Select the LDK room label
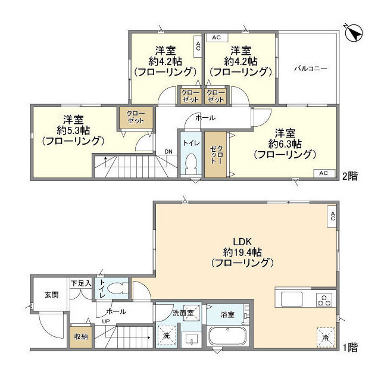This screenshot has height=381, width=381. [243, 242]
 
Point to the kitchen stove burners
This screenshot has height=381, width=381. [325, 300]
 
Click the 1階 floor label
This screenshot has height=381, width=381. [351, 346]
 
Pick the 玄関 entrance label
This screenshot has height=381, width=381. [50, 294]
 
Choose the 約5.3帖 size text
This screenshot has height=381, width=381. [73, 129]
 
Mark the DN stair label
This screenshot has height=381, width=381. [169, 151]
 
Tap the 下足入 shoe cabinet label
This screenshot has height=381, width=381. [80, 284]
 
